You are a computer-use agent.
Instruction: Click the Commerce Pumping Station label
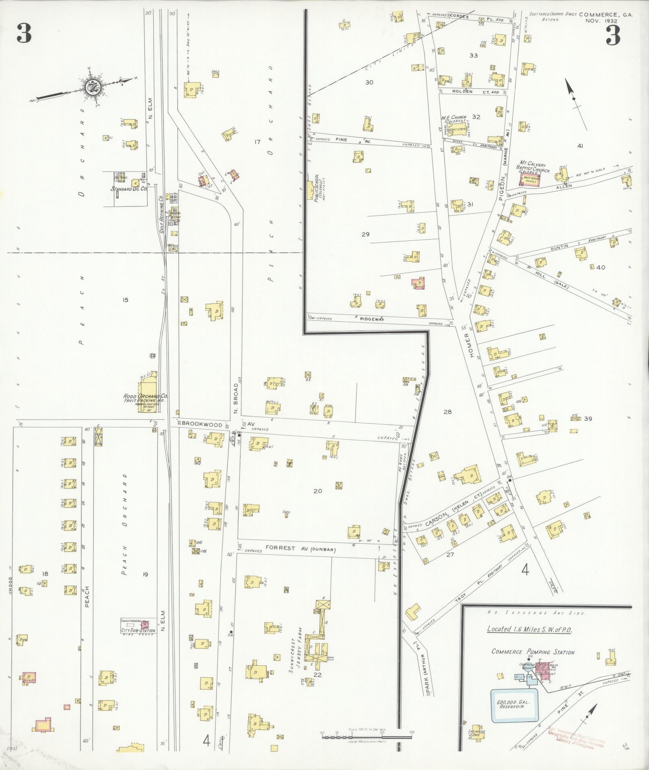point(533,652)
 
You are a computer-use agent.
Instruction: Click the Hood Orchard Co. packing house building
point(147,382)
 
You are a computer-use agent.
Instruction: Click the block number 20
point(318,491)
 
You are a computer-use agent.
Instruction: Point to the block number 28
point(447,411)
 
